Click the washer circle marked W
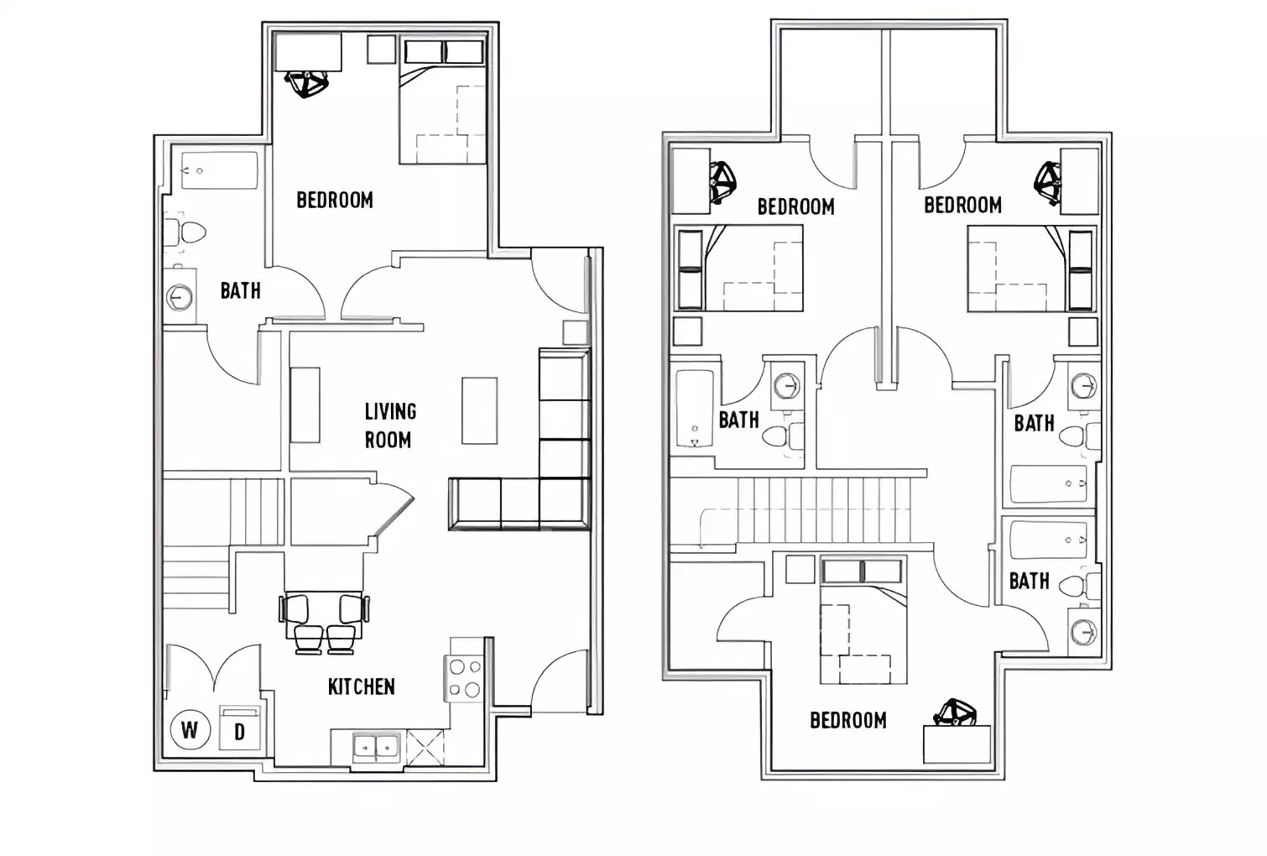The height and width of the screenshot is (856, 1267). coord(189,729)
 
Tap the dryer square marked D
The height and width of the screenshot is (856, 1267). coord(240,731)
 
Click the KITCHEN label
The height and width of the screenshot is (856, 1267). coord(361,686)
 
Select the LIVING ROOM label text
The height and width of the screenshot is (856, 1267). coord(388,425)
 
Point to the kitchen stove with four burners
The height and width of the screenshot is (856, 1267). coord(465,679)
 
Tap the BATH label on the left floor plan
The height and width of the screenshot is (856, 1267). coord(240,290)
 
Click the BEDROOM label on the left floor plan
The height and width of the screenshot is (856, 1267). coord(335,200)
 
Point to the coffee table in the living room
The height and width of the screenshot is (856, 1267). coord(479,410)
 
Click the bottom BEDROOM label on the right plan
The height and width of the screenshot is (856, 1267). coord(847,720)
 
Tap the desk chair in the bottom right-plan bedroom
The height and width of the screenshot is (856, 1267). coord(955,714)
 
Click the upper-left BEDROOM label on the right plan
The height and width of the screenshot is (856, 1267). coord(795,206)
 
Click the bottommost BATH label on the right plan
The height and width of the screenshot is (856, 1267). coord(1029,581)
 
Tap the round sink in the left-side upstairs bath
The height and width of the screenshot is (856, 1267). coord(786,385)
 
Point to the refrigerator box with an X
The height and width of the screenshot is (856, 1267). coord(424,747)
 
